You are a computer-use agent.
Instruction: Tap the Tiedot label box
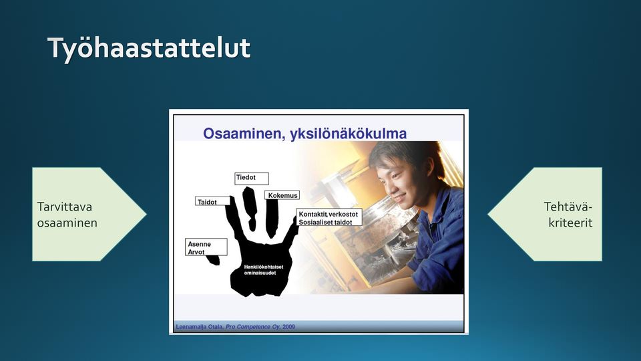252,178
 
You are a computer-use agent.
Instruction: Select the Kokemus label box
282,195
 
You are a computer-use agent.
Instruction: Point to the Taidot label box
212,201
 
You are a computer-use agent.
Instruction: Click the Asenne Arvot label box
206,247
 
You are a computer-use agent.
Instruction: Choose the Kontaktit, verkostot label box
329,217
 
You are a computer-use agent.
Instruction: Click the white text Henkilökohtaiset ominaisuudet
264,269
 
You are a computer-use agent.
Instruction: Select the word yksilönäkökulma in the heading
349,134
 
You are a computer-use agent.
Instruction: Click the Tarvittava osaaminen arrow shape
89,214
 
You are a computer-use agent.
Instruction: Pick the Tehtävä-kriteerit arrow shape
545,214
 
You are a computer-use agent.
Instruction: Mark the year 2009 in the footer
288,327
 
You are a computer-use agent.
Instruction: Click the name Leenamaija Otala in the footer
199,327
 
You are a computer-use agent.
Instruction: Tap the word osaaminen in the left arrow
67,223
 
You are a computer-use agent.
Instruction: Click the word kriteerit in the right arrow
570,223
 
